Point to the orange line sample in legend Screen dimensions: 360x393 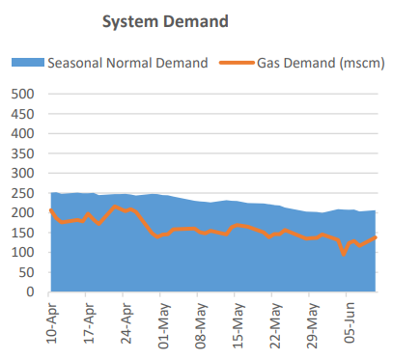point(238,63)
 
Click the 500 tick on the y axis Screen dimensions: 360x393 point(23,95)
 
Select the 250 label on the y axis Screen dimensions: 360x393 point(23,193)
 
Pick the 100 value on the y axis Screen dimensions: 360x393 point(23,252)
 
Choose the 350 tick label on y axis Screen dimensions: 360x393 point(23,153)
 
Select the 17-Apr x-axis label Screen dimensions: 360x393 point(89,325)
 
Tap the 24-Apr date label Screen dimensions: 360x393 point(126,325)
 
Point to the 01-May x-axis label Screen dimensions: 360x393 point(163,325)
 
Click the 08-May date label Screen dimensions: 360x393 point(200,325)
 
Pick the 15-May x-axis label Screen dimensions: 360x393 point(238,325)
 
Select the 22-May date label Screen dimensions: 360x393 point(274,325)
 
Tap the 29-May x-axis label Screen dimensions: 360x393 point(311,325)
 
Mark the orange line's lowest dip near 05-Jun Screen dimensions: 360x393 point(344,254)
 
